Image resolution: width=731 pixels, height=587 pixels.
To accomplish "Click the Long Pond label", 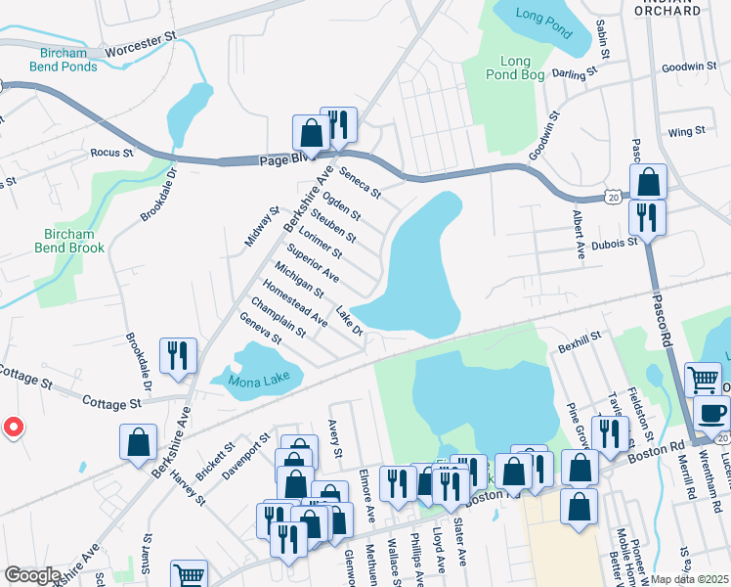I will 542,15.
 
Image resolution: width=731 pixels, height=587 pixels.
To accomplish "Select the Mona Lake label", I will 259,381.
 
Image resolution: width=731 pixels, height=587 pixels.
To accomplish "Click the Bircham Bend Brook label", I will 68,241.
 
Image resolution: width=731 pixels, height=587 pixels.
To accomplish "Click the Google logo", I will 31,575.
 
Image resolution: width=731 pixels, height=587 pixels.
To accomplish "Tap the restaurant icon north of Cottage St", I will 178,355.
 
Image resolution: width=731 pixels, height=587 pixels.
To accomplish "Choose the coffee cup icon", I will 712,412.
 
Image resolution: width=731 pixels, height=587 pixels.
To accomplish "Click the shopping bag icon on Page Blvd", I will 311,132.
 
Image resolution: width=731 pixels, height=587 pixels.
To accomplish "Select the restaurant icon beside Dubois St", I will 646,215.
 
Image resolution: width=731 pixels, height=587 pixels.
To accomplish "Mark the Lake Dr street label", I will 350,321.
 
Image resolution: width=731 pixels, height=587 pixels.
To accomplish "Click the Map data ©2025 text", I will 691,579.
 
